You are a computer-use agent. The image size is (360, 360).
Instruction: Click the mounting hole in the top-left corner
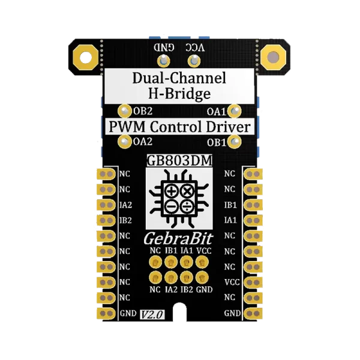tap(85, 58)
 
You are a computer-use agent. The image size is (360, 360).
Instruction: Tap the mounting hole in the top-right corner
tap(274, 58)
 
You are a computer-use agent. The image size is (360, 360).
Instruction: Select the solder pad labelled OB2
tap(125, 111)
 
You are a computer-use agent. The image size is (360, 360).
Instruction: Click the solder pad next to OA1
tap(236, 111)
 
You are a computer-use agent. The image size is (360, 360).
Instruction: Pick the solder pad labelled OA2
tap(125, 142)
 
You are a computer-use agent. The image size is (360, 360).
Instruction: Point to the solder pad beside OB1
tap(236, 142)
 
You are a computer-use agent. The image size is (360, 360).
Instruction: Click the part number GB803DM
tap(180, 161)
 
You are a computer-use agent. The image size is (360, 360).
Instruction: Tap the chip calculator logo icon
tap(179, 200)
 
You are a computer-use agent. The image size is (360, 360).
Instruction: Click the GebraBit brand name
tap(179, 239)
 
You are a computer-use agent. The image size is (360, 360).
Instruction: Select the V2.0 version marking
tap(152, 315)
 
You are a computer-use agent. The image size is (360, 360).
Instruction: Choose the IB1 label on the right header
tap(230, 205)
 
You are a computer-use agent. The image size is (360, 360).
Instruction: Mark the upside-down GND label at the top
tap(167, 47)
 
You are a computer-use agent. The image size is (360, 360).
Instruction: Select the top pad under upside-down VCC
tap(193, 61)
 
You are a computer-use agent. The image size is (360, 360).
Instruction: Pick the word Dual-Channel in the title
tap(179, 78)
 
